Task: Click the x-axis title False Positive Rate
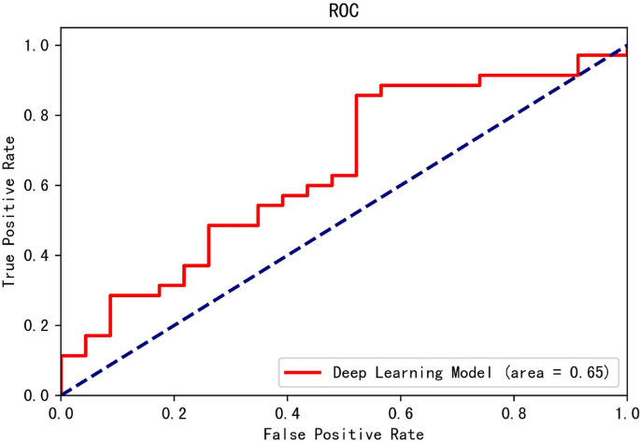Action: pos(344,434)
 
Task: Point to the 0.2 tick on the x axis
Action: pos(174,412)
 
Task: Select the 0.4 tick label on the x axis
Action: pos(287,412)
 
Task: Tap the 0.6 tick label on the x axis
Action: pos(400,412)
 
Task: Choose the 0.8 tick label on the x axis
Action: pos(513,412)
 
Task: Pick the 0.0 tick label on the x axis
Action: pos(61,412)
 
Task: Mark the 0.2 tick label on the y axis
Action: pos(38,325)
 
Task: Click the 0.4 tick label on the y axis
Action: pos(38,255)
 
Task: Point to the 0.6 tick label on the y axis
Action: pos(38,185)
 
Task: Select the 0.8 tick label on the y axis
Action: pos(38,115)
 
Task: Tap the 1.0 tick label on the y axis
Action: pos(38,45)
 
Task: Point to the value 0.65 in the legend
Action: pos(592,372)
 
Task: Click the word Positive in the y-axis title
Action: pos(10,213)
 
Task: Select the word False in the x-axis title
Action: pos(283,434)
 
